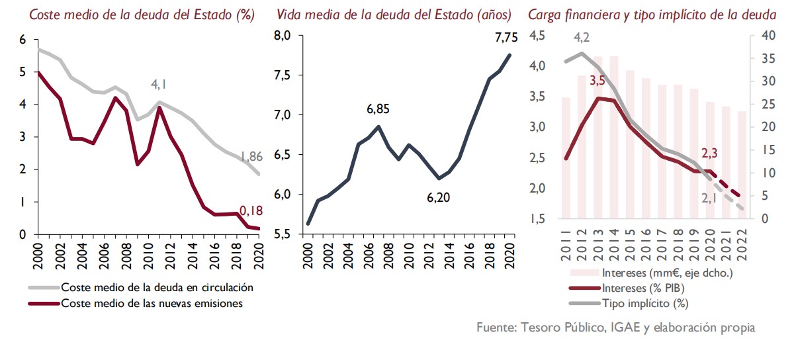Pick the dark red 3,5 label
click(597, 81)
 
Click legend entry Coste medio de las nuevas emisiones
click(152, 304)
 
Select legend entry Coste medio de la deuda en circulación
click(157, 289)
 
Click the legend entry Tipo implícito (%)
click(645, 304)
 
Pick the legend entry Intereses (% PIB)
click(642, 289)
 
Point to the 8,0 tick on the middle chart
click(283, 36)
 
